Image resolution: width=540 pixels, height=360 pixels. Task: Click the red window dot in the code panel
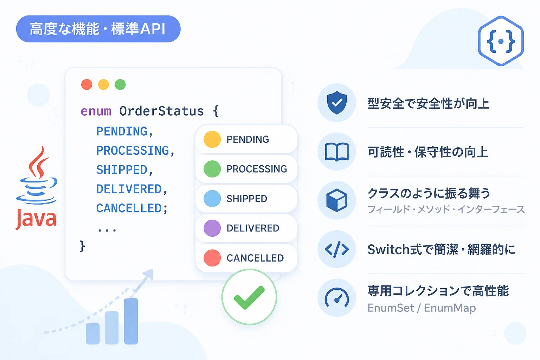(87, 85)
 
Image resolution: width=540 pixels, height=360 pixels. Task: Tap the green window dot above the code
(120, 85)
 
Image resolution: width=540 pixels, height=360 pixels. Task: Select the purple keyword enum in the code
(96, 111)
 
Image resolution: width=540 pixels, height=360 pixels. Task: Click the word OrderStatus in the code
(161, 111)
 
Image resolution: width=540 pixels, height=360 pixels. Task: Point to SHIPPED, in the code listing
(124, 170)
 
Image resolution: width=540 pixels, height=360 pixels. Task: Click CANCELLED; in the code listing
(131, 208)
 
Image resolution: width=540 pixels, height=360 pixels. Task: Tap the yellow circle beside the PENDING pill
(212, 139)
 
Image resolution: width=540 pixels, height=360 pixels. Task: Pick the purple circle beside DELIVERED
(212, 228)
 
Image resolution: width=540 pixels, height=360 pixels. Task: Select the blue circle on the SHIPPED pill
(212, 198)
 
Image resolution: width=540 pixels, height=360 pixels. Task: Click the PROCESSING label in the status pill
(257, 169)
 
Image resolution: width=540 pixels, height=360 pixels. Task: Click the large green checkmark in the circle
(249, 297)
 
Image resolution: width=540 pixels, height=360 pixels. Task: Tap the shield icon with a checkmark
(337, 102)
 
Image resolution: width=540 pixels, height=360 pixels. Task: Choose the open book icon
(337, 152)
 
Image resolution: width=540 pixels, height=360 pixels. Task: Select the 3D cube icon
(337, 200)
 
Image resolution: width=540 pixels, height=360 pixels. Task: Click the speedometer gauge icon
(337, 297)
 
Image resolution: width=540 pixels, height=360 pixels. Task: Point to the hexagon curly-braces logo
(501, 41)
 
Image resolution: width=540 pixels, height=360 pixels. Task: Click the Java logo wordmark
(36, 219)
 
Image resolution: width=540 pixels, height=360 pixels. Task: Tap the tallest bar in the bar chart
(131, 321)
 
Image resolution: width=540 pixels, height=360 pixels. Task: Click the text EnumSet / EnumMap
(422, 308)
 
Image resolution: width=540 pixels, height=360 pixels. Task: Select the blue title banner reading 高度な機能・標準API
(98, 29)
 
